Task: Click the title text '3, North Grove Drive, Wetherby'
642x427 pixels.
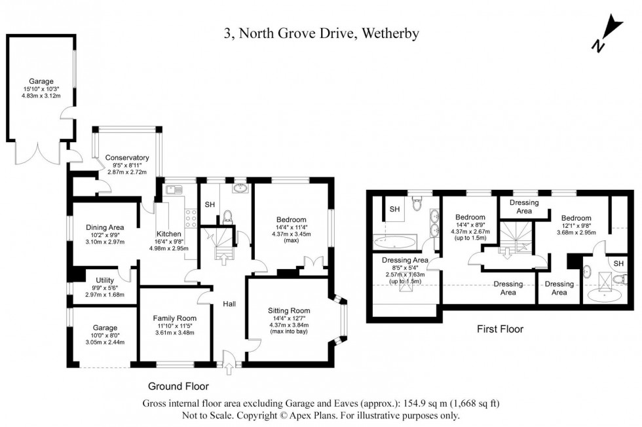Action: pos(321,33)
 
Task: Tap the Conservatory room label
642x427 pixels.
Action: pos(127,158)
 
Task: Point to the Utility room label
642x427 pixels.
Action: pos(105,280)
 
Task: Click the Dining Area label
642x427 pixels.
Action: pos(104,227)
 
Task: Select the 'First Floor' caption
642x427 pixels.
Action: pos(499,329)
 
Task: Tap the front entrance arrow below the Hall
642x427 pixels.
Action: pos(228,371)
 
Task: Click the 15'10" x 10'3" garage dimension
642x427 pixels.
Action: pos(41,88)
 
